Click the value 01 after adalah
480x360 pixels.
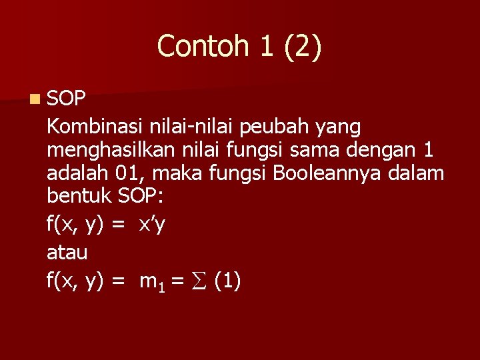tap(130, 175)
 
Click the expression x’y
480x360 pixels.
tap(152, 225)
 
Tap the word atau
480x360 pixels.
tap(67, 253)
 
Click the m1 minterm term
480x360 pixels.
tap(150, 283)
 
